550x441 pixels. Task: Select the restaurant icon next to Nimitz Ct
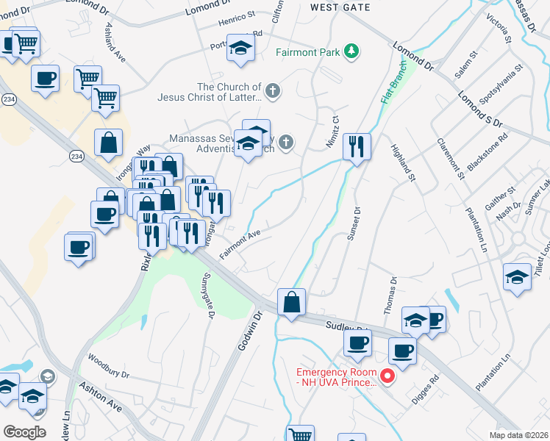pos(357,147)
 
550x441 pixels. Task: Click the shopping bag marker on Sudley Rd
pos(291,302)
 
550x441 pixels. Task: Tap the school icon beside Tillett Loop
pos(518,277)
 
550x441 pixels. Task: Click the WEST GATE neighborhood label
pos(340,7)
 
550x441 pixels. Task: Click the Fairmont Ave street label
pos(240,243)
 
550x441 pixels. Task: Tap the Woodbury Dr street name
pos(108,366)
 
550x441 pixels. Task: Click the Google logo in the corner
pos(24,431)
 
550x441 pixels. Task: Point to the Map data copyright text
pos(518,435)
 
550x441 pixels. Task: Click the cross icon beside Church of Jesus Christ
pos(273,91)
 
